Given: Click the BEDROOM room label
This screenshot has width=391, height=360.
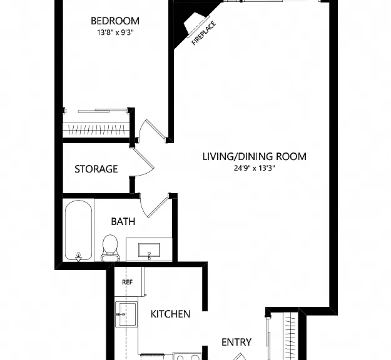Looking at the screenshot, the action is click(x=115, y=21).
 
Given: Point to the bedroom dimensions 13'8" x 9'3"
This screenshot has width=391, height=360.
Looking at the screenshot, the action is click(x=116, y=32).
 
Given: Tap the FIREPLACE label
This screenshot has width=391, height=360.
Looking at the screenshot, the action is click(x=204, y=34).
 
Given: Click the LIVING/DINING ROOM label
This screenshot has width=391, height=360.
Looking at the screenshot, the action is click(x=255, y=156).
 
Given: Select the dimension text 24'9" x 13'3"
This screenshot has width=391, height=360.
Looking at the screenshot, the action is click(x=255, y=168).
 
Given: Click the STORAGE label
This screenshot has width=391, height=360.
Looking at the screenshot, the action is click(x=96, y=169).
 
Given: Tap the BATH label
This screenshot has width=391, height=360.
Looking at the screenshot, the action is click(x=123, y=221).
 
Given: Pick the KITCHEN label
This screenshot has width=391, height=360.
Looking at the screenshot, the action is click(x=171, y=314).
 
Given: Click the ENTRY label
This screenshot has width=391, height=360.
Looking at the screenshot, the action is click(x=236, y=342).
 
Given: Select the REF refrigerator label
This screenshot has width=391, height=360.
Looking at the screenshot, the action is click(x=128, y=282).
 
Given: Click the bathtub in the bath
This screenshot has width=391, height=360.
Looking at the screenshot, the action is click(x=79, y=230).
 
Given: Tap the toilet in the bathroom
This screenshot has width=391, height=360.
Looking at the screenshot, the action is click(x=110, y=248).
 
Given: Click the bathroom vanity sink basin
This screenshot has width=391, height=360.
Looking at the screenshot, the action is click(x=149, y=250).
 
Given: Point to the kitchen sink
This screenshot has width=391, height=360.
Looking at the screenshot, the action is click(x=126, y=314).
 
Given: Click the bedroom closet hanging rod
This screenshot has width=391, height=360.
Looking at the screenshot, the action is click(x=96, y=129).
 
